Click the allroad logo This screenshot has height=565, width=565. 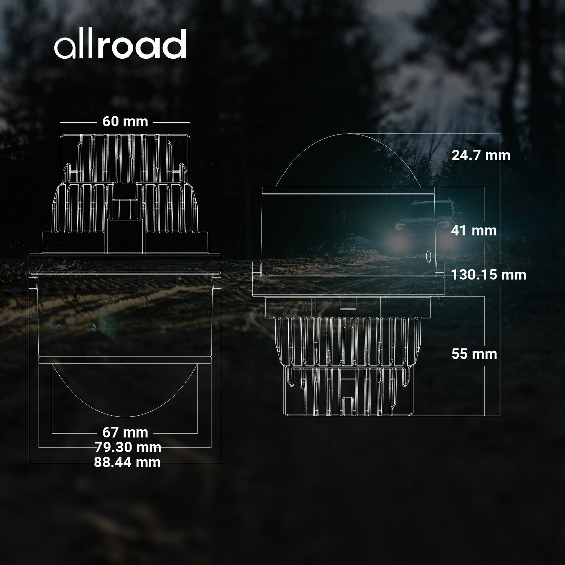click(120, 44)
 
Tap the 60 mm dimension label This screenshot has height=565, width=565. click(125, 121)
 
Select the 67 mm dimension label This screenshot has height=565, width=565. click(125, 432)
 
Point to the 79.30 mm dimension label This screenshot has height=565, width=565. click(127, 447)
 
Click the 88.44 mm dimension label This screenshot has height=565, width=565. click(127, 462)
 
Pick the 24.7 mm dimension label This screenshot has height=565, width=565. click(481, 155)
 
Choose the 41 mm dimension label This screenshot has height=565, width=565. click(474, 231)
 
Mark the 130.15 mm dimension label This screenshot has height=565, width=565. click(488, 275)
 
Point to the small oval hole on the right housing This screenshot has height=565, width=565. click(429, 256)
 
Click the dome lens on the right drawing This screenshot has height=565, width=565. click(348, 161)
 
